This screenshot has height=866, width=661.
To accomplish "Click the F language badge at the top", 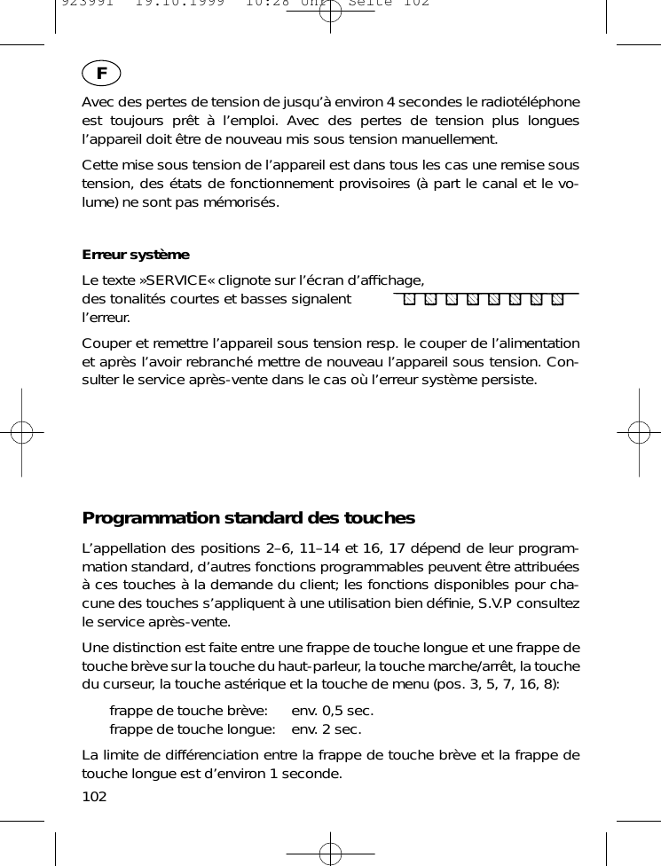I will (102, 74).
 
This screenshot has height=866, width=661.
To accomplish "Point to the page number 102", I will (94, 796).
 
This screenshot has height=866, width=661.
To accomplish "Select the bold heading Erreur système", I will (136, 255).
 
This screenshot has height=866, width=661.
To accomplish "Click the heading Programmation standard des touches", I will (248, 517).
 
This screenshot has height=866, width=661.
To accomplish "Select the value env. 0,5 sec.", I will (332, 711).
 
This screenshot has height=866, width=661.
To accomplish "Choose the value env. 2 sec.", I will (326, 729).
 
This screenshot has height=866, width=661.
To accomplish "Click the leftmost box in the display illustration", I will (409, 299).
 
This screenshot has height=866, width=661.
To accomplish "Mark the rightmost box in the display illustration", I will (557, 299).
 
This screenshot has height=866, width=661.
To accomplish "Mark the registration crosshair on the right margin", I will (638, 432).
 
